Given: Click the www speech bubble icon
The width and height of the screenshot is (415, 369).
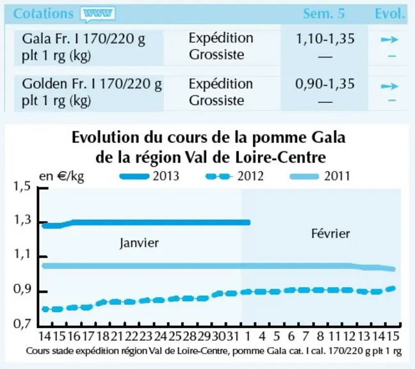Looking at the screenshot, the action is (97, 14).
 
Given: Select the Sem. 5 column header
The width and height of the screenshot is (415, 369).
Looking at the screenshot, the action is (323, 13).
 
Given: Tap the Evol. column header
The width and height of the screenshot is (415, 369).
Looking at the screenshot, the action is (390, 13).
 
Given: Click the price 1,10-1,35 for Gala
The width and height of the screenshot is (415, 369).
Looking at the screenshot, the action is (325, 38).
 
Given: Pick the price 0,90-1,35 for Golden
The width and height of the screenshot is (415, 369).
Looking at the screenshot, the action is (325, 84).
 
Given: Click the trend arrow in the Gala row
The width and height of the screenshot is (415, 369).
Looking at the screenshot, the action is (389, 40).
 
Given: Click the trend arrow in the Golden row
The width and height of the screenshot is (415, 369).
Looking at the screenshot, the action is (389, 86).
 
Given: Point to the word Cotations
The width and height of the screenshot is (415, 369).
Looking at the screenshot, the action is (43, 13).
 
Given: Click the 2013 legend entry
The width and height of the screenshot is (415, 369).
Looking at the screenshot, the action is (149, 176).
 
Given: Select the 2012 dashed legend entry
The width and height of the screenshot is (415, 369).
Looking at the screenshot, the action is (234, 176).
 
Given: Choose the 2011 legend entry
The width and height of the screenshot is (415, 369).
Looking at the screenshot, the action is (320, 176).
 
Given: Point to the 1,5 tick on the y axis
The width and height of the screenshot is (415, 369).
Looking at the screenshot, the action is (22, 187).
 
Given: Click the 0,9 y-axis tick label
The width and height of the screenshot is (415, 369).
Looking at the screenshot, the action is (22, 290).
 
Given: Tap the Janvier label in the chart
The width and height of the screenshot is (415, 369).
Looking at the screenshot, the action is (139, 243).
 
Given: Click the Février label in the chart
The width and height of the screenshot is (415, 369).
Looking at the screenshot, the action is (330, 233).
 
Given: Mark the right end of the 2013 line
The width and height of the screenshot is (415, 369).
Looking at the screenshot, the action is (248, 222).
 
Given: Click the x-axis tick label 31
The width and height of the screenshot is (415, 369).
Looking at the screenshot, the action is (233, 336).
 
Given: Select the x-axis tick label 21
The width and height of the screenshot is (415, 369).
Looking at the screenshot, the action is (117, 336).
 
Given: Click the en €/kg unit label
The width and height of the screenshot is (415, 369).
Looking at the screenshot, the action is (61, 176).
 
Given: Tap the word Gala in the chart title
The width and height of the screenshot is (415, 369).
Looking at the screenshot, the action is (329, 138).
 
